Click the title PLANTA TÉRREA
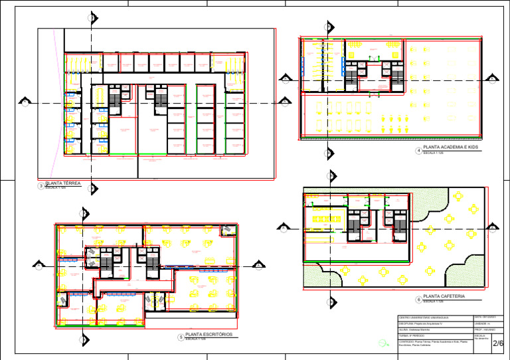(x=63, y=183)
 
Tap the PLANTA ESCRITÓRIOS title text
(x=209, y=335)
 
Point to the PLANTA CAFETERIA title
(x=444, y=296)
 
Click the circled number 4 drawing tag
(x=418, y=151)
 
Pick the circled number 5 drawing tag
(x=181, y=337)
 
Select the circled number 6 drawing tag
(x=418, y=299)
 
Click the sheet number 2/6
(x=498, y=343)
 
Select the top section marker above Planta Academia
(x=327, y=27)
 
